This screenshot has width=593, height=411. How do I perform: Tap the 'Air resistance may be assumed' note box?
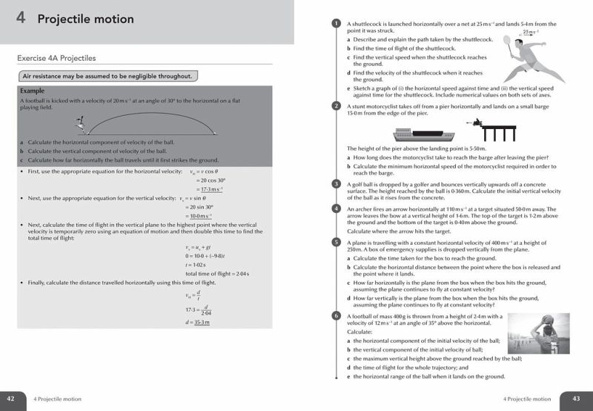107,76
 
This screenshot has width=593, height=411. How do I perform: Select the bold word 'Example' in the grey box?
33,91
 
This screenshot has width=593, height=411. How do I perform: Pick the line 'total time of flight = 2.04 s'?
217,274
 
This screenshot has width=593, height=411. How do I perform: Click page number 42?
12,399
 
